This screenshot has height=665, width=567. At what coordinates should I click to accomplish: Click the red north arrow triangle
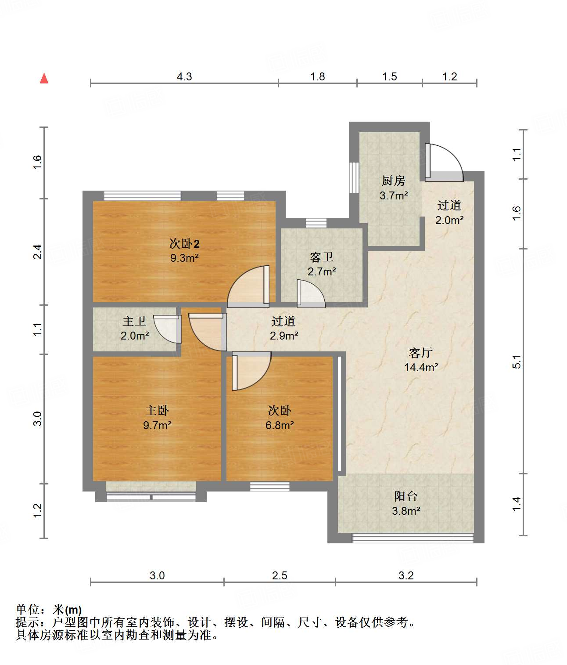[44, 78]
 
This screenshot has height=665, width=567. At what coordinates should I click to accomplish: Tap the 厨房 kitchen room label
[393, 181]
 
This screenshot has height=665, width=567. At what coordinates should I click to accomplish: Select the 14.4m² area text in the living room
[421, 367]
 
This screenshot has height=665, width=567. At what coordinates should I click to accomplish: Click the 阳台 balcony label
[406, 496]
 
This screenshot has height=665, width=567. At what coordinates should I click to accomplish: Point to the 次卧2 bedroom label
[184, 243]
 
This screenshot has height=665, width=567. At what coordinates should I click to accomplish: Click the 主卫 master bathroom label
[134, 321]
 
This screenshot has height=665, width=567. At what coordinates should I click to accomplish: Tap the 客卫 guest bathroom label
[321, 257]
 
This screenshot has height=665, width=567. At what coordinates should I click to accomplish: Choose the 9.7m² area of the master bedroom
[157, 425]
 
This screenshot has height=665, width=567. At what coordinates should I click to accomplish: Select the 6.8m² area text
[279, 425]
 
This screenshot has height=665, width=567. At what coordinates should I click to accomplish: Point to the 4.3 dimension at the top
[184, 76]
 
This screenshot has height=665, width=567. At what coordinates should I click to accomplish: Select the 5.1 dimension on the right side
[516, 361]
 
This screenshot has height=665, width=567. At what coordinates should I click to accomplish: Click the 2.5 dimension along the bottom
[279, 575]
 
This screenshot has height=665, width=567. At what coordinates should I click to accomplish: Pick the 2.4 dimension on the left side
[38, 252]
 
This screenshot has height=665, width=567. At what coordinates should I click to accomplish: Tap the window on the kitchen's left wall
[354, 178]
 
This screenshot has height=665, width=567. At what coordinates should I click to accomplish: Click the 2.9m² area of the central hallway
[284, 336]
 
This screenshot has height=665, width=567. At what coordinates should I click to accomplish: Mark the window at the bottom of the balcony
[413, 538]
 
